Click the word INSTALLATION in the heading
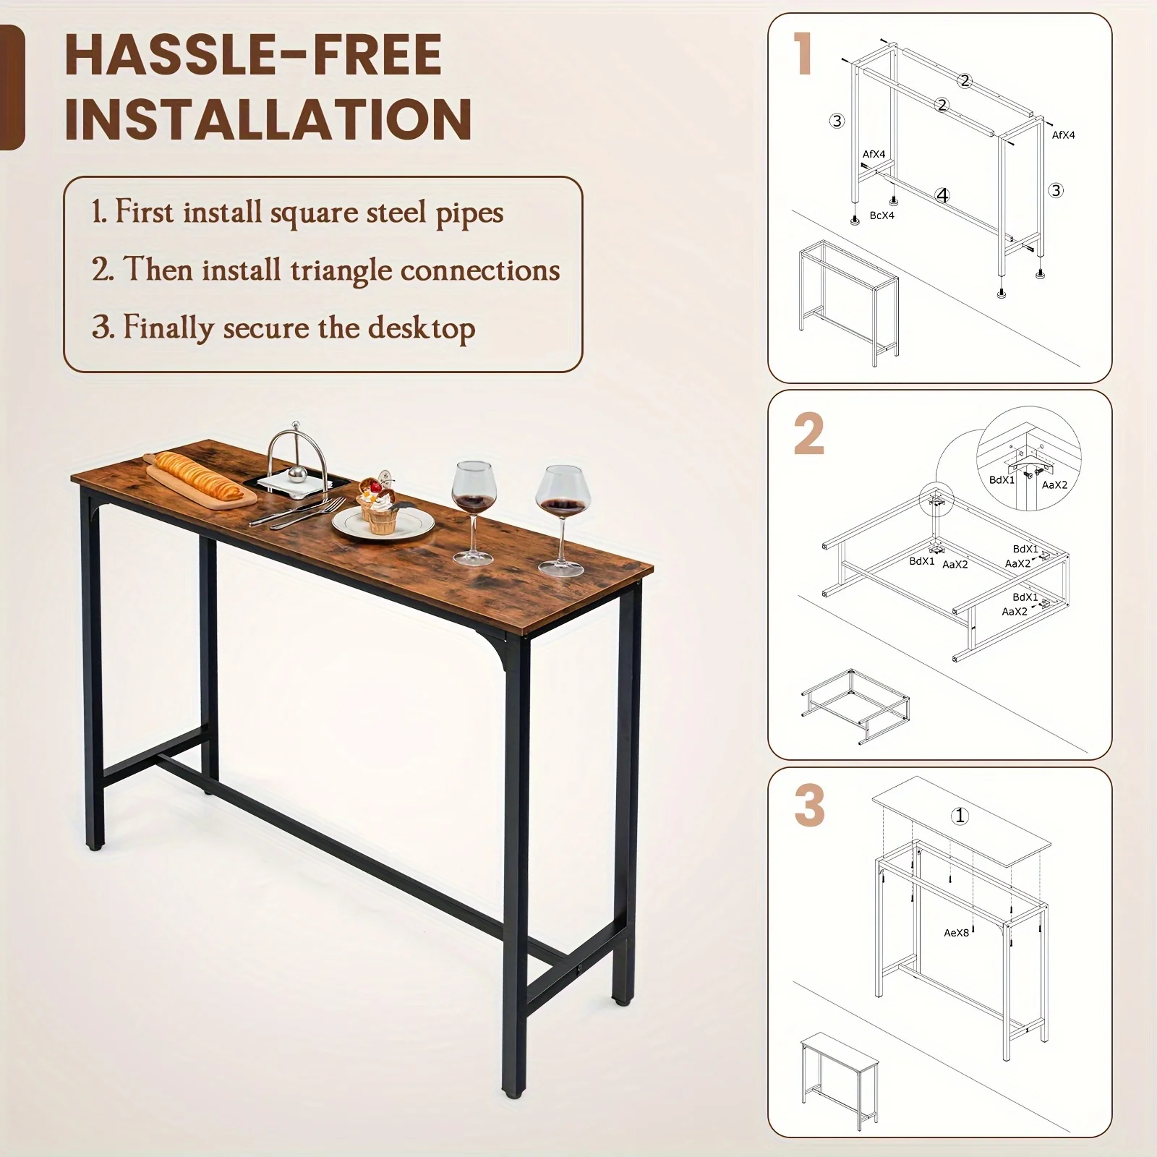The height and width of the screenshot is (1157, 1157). (x=268, y=119)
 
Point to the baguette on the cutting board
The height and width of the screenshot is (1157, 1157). (x=200, y=474)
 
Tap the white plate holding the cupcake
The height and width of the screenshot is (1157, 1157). (x=383, y=522)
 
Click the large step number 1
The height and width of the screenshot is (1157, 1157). (x=803, y=54)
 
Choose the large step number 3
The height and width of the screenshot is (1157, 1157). (x=809, y=806)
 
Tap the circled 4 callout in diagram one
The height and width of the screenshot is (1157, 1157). (x=942, y=195)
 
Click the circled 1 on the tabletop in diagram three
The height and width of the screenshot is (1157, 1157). (x=960, y=816)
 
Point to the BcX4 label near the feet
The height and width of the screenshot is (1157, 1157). (x=881, y=215)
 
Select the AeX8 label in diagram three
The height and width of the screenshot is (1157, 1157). (x=956, y=933)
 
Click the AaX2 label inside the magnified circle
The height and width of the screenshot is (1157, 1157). (x=1054, y=485)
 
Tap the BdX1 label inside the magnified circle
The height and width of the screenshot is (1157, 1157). (x=1002, y=479)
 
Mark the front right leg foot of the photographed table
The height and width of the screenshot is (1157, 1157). (x=513, y=1110)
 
